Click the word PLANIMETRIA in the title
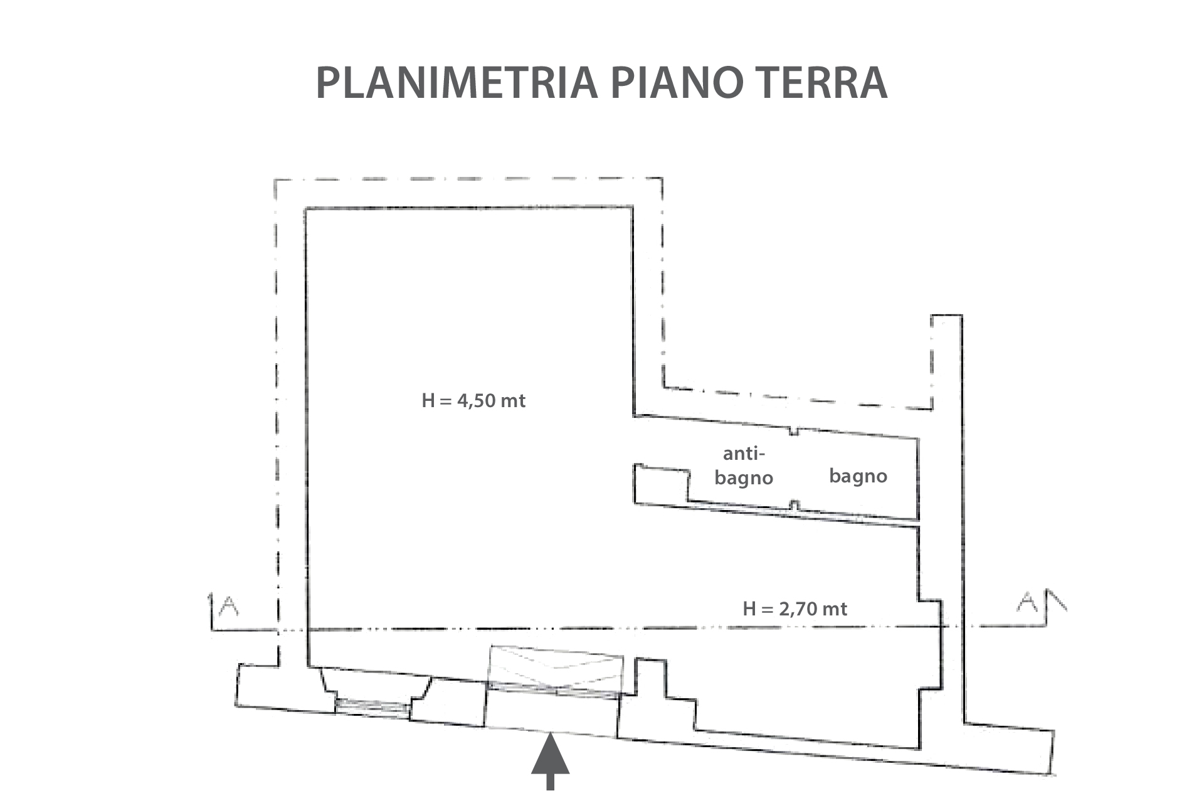coord(457,82)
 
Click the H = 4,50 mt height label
coord(473,400)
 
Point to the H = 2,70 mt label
coord(795,609)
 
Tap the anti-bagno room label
coord(744,466)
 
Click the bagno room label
coord(858,476)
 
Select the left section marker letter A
coord(230,606)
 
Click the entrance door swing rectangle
coord(556,669)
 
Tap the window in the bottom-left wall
coord(372,706)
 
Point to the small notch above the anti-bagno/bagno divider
coord(794,431)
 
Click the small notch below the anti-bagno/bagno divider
coord(795,506)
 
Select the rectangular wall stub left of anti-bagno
coord(661,484)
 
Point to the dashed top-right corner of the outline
coord(662,179)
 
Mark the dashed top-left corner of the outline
coord(276,181)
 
